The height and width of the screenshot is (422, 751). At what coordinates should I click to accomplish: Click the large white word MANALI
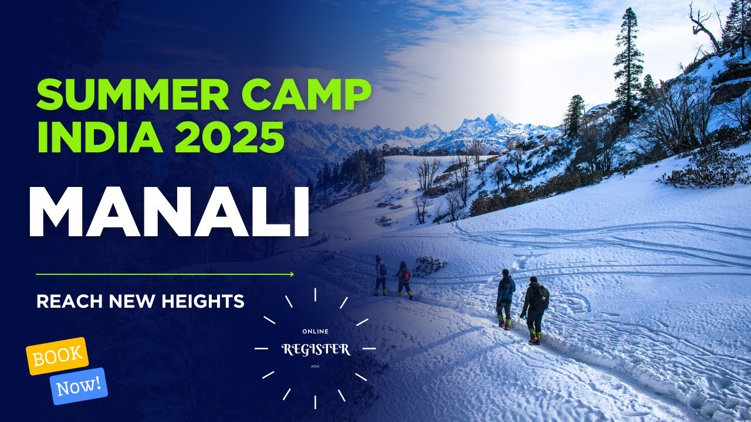[x=169, y=212]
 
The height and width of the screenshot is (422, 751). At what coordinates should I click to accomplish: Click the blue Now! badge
[x=79, y=386]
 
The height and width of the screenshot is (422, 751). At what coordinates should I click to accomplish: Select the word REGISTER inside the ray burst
[x=316, y=349]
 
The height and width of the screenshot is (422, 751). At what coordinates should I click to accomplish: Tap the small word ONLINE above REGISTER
[x=315, y=332]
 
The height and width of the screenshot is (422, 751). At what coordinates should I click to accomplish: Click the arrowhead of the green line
[x=291, y=274]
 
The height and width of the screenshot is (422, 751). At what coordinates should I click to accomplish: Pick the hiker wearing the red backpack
[x=404, y=280]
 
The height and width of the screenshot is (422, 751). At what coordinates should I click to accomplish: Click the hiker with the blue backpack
[x=381, y=274]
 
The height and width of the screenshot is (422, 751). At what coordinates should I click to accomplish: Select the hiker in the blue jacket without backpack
[x=505, y=297]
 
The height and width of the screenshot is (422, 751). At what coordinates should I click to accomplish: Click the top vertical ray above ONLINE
[x=315, y=294]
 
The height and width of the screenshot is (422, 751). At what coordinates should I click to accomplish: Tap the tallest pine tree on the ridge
[x=629, y=64]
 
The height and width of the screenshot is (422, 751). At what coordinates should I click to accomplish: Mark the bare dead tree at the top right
[x=703, y=26]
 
